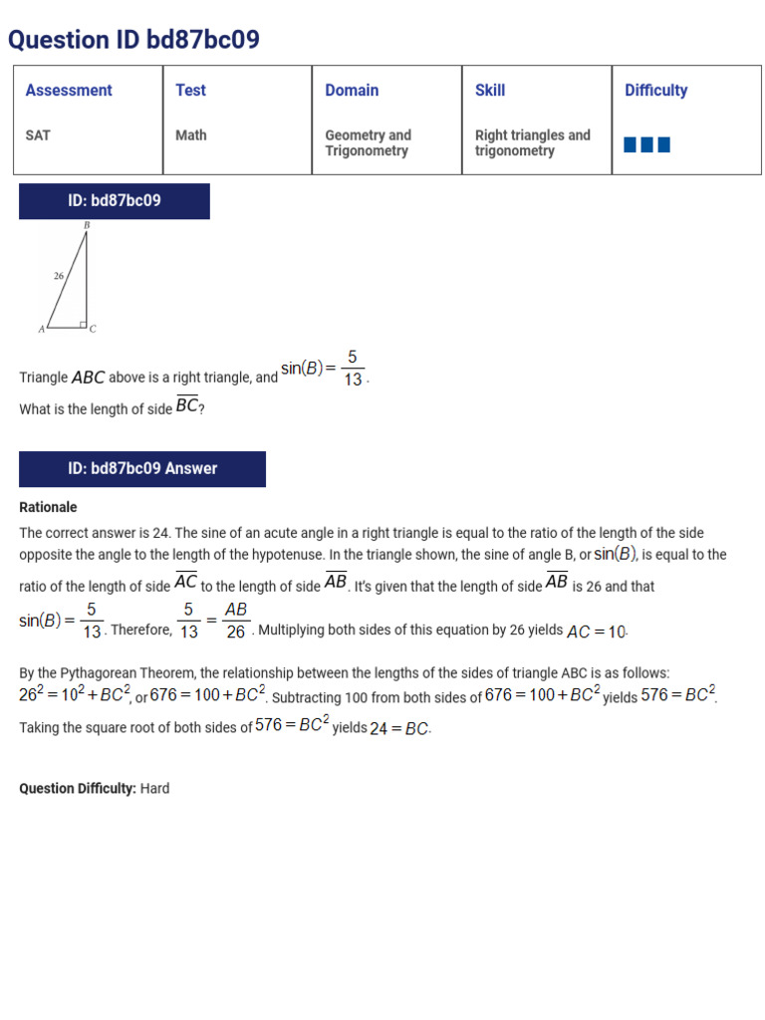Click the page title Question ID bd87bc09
click(133, 40)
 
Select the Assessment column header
click(69, 91)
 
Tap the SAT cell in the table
click(38, 135)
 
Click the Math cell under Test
click(191, 135)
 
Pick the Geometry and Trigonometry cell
click(368, 142)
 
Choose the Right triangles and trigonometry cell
click(532, 142)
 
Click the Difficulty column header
click(655, 91)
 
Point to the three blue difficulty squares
click(646, 145)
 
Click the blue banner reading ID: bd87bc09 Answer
click(142, 469)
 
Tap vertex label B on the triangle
click(87, 225)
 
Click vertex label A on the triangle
click(41, 329)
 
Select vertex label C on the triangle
click(93, 329)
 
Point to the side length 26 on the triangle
click(59, 276)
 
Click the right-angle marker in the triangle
click(83, 324)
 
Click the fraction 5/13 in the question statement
click(353, 369)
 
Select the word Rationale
click(48, 507)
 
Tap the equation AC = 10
click(597, 632)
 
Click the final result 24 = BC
click(400, 728)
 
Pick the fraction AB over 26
click(236, 621)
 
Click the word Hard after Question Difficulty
click(154, 789)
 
